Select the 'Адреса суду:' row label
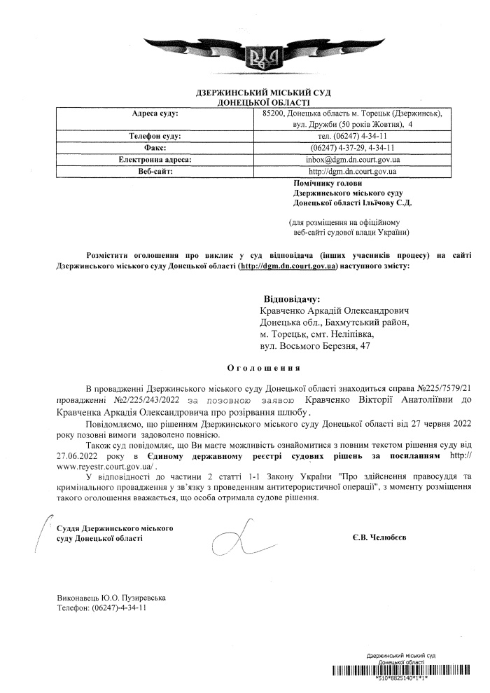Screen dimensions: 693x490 pyautogui.click(x=155, y=113)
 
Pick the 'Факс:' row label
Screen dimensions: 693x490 pyautogui.click(x=155, y=148)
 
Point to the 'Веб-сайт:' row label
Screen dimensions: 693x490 pyautogui.click(x=155, y=171)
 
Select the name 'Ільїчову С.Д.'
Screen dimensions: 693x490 pyautogui.click(x=388, y=203)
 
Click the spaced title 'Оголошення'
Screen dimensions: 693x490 pyautogui.click(x=265, y=366)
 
